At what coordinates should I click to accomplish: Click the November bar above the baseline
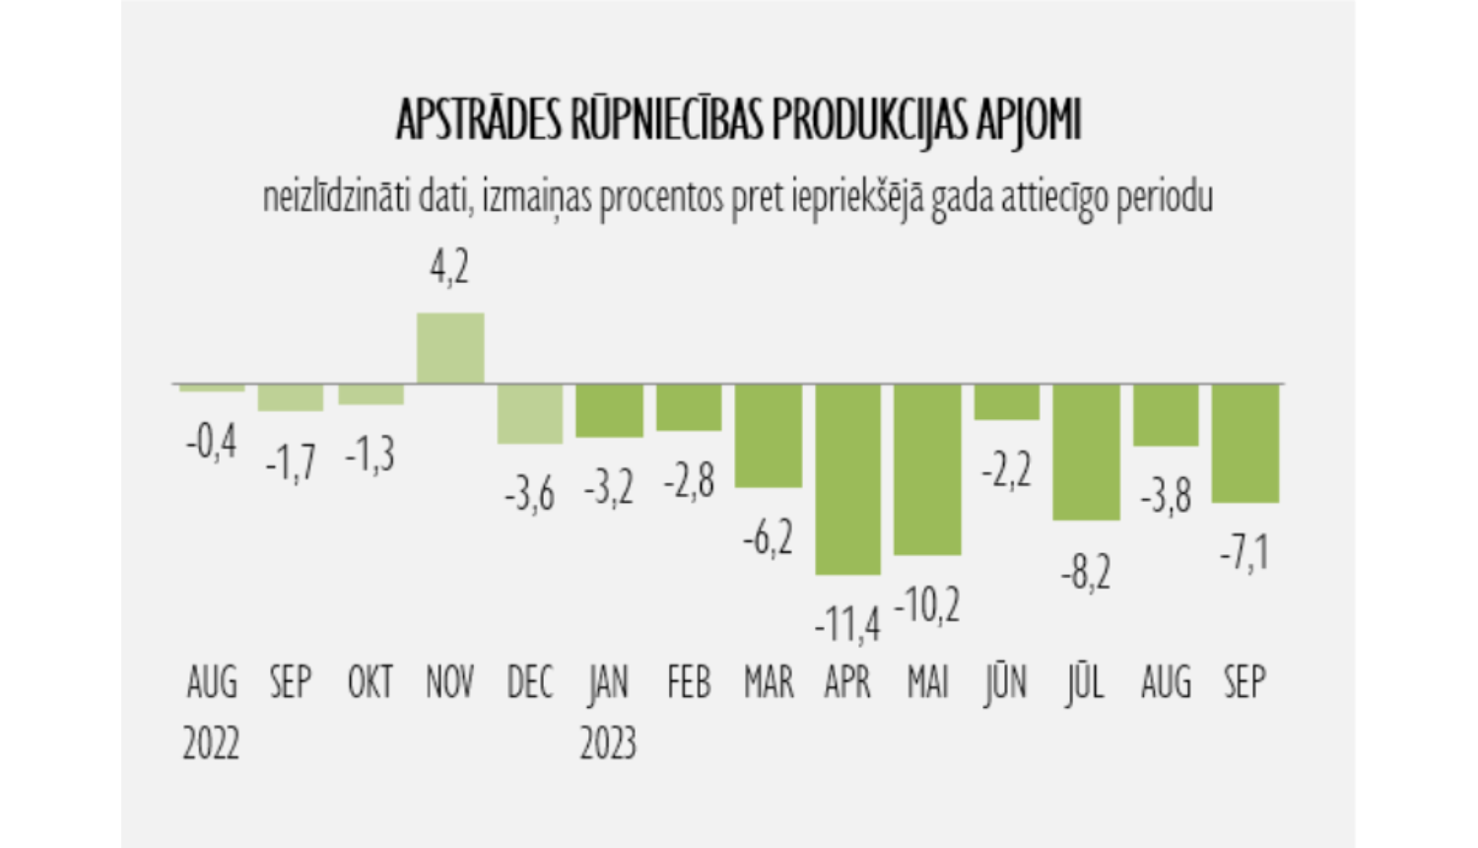click(450, 348)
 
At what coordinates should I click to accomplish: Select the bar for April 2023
click(848, 479)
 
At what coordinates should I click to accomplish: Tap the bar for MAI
click(927, 469)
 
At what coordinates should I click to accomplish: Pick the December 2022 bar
click(530, 413)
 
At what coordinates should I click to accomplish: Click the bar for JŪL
click(1086, 452)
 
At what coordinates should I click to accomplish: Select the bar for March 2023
click(769, 435)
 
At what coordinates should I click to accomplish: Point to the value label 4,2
click(450, 267)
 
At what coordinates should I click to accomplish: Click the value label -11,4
click(847, 624)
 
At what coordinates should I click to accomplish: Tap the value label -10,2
click(927, 604)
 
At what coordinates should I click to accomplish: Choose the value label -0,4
click(212, 443)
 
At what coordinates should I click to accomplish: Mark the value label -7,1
click(1244, 553)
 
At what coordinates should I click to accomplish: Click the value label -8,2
click(1086, 572)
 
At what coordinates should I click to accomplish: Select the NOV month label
click(450, 682)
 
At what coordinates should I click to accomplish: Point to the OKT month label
click(370, 682)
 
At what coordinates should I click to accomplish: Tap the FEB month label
click(689, 682)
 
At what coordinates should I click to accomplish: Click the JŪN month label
click(1006, 682)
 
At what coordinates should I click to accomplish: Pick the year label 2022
click(211, 742)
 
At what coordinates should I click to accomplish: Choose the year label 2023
click(608, 742)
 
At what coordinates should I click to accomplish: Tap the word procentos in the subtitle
click(662, 197)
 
